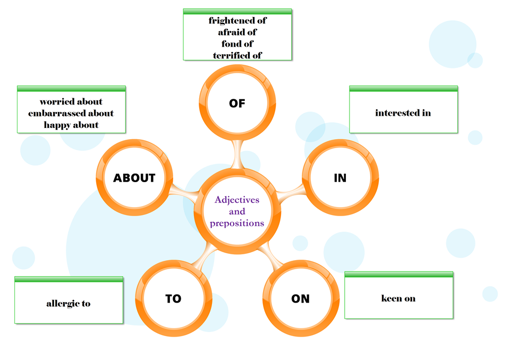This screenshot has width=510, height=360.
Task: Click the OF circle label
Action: click(x=237, y=104)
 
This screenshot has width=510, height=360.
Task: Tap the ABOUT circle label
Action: click(x=134, y=178)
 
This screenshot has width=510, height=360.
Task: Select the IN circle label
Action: click(x=340, y=178)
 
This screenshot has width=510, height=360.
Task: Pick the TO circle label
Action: click(x=173, y=299)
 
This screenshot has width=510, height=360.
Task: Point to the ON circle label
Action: click(x=300, y=299)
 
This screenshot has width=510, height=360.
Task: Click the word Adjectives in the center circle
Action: click(x=237, y=200)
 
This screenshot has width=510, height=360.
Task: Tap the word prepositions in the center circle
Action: click(x=237, y=224)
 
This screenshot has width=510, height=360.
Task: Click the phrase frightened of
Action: click(x=237, y=21)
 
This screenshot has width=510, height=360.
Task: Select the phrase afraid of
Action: click(x=237, y=32)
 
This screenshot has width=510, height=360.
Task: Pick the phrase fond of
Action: click(x=237, y=44)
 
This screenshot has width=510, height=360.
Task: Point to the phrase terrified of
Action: click(x=237, y=55)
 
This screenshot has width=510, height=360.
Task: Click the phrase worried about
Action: click(x=71, y=101)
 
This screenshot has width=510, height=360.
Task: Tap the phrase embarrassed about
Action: click(x=71, y=113)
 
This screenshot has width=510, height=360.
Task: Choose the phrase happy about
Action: click(x=71, y=125)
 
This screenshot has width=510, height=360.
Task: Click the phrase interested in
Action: click(x=403, y=113)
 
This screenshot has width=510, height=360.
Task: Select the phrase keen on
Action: click(x=398, y=298)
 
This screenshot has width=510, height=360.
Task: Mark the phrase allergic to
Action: click(x=68, y=304)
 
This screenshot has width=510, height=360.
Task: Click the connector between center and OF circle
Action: click(x=237, y=154)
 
